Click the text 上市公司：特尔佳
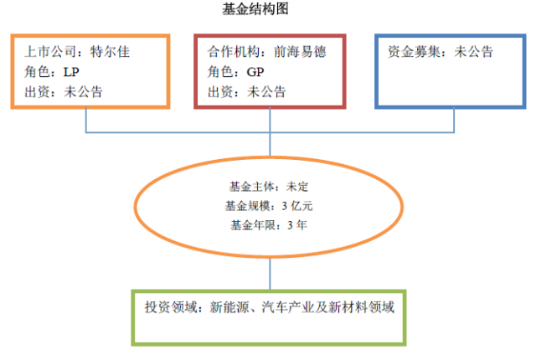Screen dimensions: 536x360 pyautogui.click(x=77, y=51)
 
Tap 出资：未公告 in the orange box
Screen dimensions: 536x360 pyautogui.click(x=64, y=91)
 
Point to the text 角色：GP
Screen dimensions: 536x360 pyautogui.click(x=235, y=71)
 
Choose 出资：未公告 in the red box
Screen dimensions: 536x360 pyautogui.click(x=246, y=91)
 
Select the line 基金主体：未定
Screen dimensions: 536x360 pyautogui.click(x=269, y=186)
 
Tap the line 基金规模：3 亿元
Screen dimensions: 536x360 pyautogui.click(x=269, y=205)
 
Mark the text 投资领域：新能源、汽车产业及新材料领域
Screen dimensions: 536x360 pyautogui.click(x=268, y=307)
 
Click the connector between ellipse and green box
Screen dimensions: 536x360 pyautogui.click(x=270, y=273)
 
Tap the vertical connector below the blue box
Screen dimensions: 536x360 pyautogui.click(x=454, y=120)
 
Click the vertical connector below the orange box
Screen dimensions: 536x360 pyautogui.click(x=87, y=120)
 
